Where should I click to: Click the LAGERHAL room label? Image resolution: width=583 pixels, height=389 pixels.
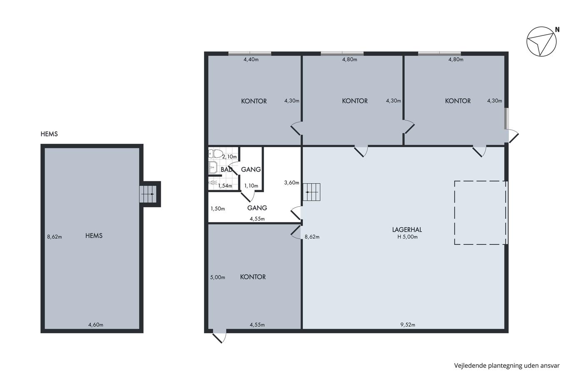click(407, 230)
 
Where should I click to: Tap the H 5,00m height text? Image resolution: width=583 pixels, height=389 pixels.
click(407, 237)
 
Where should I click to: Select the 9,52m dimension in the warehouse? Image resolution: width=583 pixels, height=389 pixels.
click(408, 325)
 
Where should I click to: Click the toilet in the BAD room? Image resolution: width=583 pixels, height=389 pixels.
click(216, 153)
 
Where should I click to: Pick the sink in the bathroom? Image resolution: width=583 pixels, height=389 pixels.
click(213, 167)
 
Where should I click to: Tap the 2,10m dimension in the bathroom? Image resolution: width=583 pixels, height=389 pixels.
click(229, 157)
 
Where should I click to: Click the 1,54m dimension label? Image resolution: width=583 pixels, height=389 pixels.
click(225, 186)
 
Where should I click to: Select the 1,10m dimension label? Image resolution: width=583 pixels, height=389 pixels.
click(251, 186)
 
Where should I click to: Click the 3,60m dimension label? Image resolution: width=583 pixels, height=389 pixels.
click(291, 183)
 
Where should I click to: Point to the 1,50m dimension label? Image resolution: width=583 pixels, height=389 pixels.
click(217, 209)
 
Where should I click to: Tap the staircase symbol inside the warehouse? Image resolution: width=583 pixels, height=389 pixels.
click(311, 192)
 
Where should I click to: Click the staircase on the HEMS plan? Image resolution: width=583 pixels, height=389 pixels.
click(148, 194)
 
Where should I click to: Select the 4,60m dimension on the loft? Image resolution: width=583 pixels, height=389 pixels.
click(96, 325)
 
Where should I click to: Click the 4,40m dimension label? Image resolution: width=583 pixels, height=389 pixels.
click(251, 59)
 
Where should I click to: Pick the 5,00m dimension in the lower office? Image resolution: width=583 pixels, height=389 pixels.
click(217, 277)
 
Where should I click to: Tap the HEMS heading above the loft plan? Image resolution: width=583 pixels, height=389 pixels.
click(49, 134)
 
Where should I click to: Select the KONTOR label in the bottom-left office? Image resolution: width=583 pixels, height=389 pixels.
click(253, 277)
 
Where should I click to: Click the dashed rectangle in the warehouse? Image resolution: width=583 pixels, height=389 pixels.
click(454, 213)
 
